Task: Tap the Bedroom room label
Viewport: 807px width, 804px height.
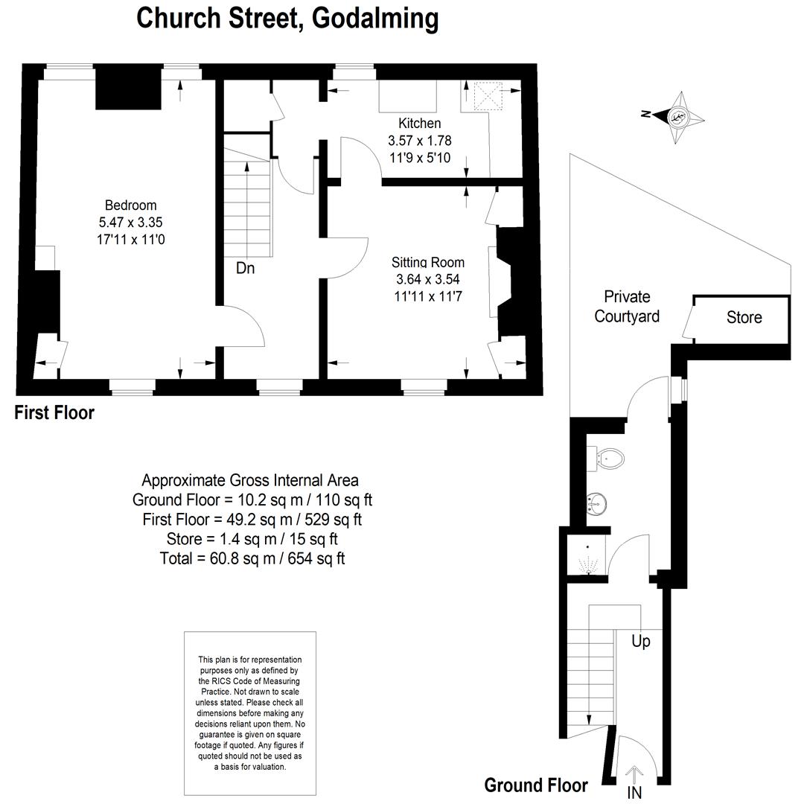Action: [130, 205]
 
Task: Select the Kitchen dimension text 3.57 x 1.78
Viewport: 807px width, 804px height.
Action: [419, 140]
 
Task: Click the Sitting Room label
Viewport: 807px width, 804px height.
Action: [428, 262]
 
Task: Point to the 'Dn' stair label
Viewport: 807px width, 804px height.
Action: [245, 268]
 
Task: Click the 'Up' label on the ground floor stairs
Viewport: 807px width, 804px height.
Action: [640, 641]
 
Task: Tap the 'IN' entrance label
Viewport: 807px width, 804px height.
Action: [634, 792]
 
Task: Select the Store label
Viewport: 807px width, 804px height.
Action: [744, 318]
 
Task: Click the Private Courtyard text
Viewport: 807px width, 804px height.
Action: [627, 307]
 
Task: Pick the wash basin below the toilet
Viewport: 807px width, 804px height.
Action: [596, 505]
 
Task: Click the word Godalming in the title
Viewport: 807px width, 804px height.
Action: [375, 18]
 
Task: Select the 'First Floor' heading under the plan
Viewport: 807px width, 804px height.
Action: [54, 412]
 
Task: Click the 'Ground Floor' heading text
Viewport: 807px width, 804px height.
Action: [535, 785]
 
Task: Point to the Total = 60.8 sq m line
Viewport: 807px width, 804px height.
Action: [252, 558]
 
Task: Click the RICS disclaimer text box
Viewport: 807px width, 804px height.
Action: [249, 712]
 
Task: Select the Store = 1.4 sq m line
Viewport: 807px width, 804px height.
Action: [252, 538]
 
